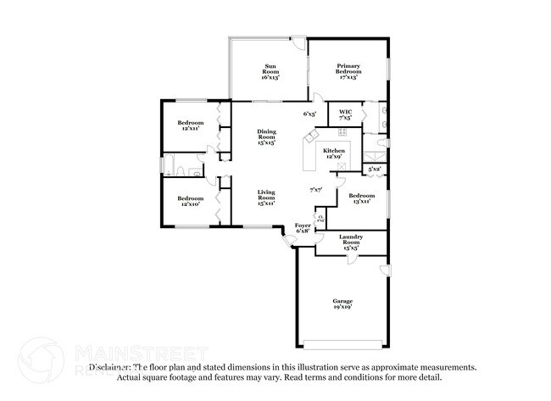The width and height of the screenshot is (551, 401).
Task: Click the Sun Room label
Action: pyautogui.click(x=270, y=71)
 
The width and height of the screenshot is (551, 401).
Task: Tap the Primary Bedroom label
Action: pyautogui.click(x=348, y=71)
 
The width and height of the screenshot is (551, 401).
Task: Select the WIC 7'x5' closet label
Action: pyautogui.click(x=345, y=114)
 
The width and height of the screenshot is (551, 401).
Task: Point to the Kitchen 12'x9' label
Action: pyautogui.click(x=333, y=153)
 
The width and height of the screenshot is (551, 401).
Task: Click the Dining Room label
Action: pyautogui.click(x=266, y=137)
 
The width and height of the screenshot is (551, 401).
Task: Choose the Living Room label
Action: pyautogui.click(x=266, y=199)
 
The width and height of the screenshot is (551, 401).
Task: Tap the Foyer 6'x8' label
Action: pyautogui.click(x=303, y=228)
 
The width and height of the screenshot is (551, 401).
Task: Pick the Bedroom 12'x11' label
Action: pyautogui.click(x=191, y=126)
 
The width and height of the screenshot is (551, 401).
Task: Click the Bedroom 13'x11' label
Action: pyautogui.click(x=360, y=198)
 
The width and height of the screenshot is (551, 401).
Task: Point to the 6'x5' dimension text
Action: pyautogui.click(x=310, y=114)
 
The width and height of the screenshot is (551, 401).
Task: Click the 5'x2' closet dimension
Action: pyautogui.click(x=374, y=170)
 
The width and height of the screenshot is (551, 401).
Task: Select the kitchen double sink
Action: pyautogui.click(x=313, y=137)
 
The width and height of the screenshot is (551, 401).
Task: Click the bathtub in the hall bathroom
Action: pyautogui.click(x=168, y=164)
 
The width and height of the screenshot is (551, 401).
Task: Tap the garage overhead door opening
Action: pyautogui.click(x=343, y=343)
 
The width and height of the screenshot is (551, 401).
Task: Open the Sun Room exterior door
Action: pyautogui.click(x=298, y=40)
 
